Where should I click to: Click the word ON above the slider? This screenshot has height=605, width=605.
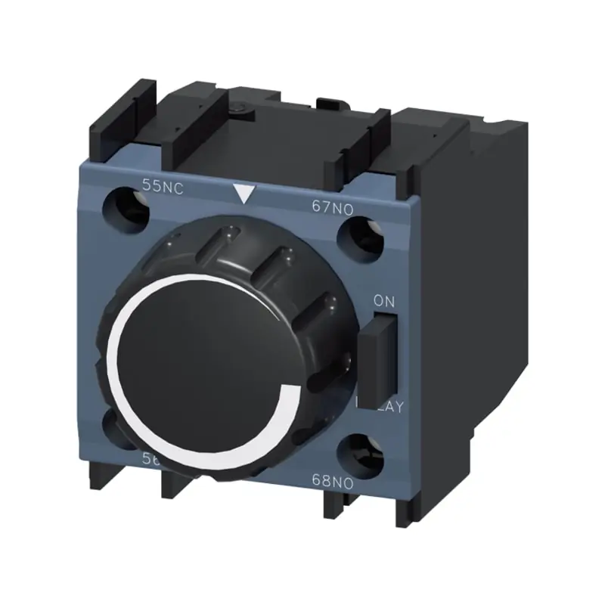tap(384, 300)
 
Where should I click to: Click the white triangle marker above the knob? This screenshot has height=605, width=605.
tap(244, 195)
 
